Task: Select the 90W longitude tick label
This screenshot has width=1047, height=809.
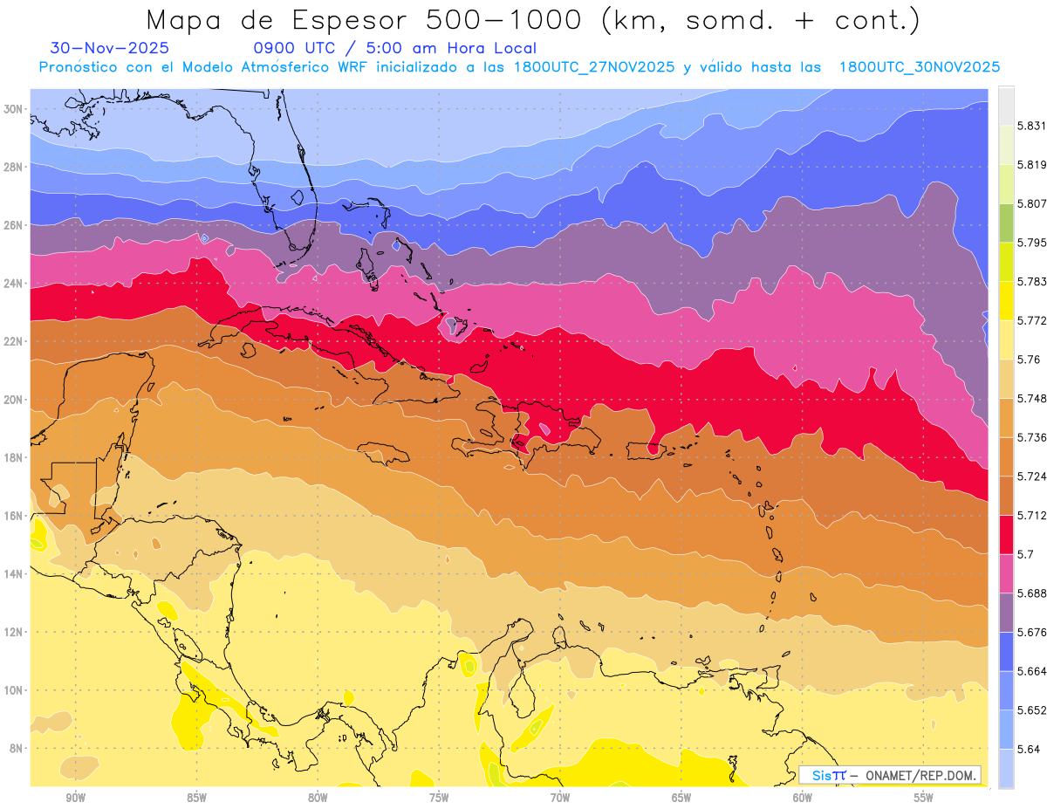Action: click(x=76, y=798)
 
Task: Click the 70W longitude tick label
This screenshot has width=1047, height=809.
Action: click(x=560, y=798)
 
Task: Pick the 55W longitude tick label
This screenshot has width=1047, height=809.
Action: click(x=924, y=798)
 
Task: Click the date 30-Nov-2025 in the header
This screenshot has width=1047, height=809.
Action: click(x=110, y=48)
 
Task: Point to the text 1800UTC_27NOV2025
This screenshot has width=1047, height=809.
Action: click(x=593, y=67)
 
